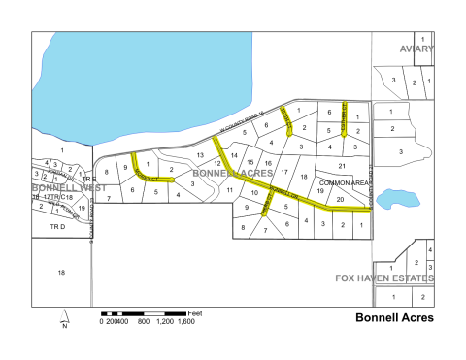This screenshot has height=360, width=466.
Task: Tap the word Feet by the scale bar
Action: click(194, 313)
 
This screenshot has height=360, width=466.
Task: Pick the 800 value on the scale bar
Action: click(143, 321)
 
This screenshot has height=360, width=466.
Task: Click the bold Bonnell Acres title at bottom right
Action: click(394, 317)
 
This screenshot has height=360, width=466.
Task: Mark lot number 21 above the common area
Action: click(342, 166)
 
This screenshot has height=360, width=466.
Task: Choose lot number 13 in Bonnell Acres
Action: click(201, 155)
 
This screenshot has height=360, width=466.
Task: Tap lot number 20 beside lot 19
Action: click(340, 198)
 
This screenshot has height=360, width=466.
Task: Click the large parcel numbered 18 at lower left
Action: click(61, 273)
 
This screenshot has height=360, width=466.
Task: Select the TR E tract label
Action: click(87, 180)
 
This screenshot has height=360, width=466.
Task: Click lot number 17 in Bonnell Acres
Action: click(284, 170)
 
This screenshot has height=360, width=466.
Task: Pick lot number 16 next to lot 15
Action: click(268, 162)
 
